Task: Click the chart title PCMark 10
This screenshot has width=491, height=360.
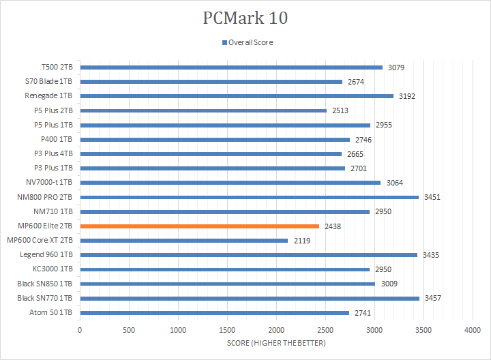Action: point(245,18)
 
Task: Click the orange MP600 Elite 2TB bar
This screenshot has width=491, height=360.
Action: point(199,226)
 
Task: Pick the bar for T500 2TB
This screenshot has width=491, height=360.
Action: point(231,67)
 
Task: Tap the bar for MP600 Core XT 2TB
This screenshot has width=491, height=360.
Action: point(183,240)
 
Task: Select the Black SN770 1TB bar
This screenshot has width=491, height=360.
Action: point(250,298)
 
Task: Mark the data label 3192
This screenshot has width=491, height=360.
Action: point(406,96)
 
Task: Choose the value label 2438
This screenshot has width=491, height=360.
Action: point(333,226)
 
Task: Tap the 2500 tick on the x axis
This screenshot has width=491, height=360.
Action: point(325,329)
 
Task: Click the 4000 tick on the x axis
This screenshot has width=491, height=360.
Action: point(473,329)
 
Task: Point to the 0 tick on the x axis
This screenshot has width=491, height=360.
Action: point(80,329)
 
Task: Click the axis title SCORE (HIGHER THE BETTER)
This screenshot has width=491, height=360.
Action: point(276,342)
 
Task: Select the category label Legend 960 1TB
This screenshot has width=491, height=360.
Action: point(48,254)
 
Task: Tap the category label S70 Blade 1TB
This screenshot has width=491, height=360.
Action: point(50,82)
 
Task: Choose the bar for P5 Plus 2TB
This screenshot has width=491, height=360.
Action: point(203,110)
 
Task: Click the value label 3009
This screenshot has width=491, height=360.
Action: point(389,284)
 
